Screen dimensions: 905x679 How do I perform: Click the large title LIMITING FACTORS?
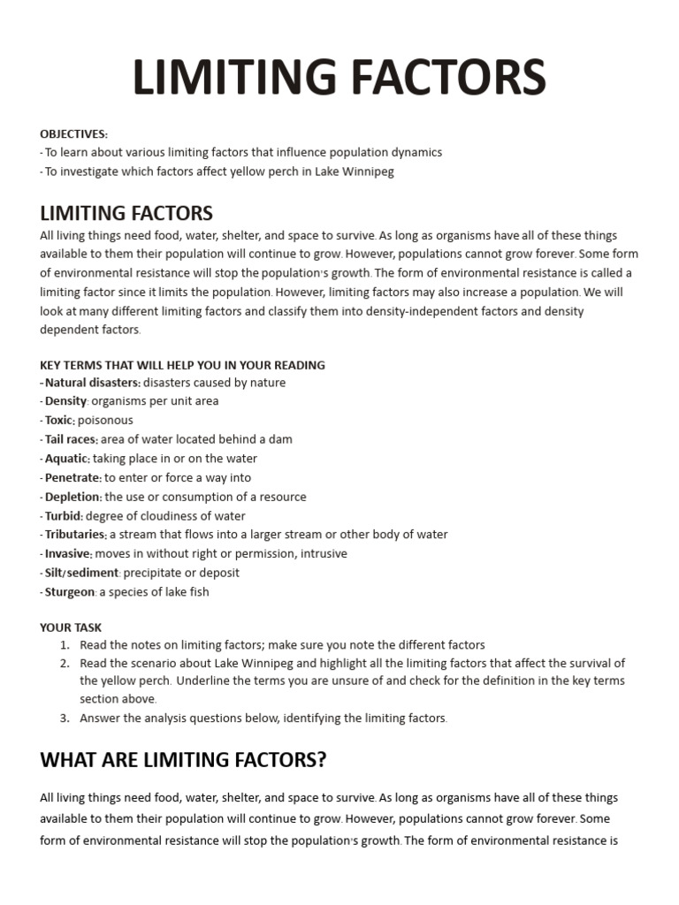tap(339, 78)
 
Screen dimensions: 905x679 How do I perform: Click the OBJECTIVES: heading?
tap(73, 133)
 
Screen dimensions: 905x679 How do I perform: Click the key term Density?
tap(65, 401)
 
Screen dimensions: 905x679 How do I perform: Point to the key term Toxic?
tap(59, 421)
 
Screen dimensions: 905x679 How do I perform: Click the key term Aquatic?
tap(67, 459)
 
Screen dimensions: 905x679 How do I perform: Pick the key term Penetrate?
tap(72, 478)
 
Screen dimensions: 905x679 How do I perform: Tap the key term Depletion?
tap(72, 497)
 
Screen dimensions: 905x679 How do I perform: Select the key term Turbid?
tap(64, 516)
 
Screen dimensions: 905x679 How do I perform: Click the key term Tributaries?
tap(75, 535)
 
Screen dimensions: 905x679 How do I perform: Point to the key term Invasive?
tap(68, 554)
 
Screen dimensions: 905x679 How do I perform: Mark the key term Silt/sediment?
tap(82, 573)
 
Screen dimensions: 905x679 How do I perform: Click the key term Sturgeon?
tap(69, 592)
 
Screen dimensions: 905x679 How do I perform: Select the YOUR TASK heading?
tap(71, 627)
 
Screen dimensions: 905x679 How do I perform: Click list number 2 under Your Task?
tap(65, 663)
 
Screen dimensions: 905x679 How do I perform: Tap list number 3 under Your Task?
tap(65, 719)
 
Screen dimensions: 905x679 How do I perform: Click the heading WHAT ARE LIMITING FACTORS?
tap(183, 760)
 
